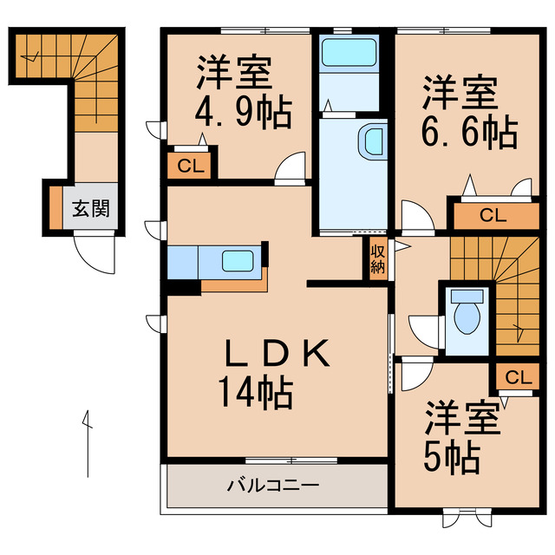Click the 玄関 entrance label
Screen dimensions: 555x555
[89, 209]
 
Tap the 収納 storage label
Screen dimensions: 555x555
[377, 258]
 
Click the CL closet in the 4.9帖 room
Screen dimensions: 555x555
[192, 166]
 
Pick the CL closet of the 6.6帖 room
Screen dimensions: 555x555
[493, 214]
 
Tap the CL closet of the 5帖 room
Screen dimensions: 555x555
[517, 377]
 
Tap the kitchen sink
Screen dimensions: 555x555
[236, 260]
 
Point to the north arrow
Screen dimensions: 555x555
[88, 442]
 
